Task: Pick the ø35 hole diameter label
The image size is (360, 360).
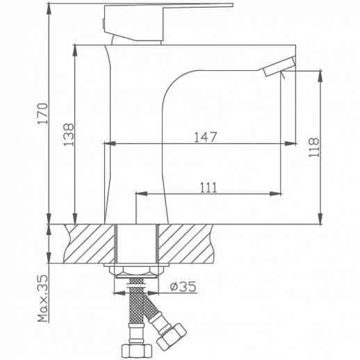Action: (x=183, y=286)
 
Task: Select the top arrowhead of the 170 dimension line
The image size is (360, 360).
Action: (x=49, y=6)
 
